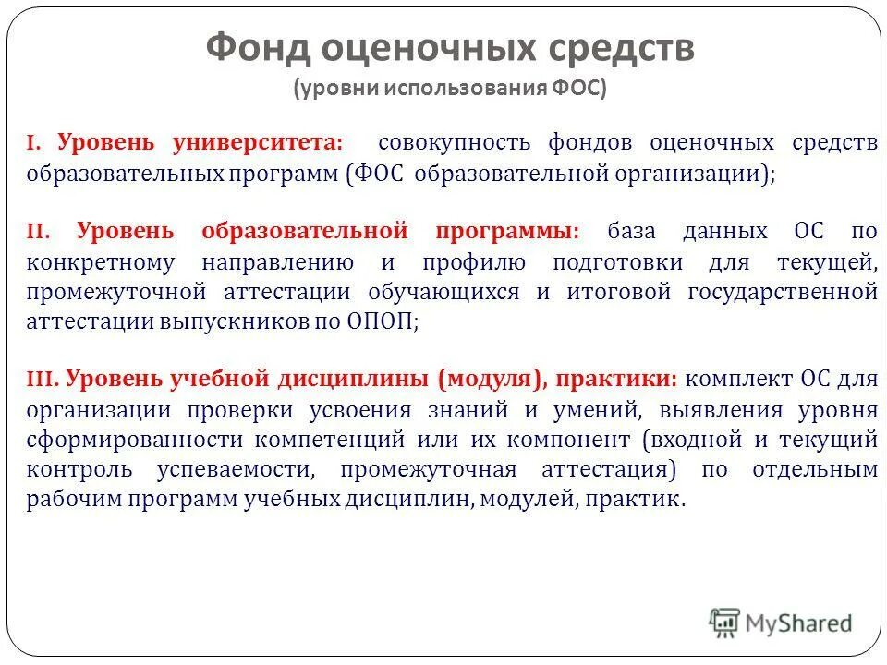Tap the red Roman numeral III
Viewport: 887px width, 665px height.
(x=43, y=379)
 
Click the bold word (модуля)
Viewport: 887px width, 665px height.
(x=489, y=379)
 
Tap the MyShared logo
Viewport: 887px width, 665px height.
(x=781, y=623)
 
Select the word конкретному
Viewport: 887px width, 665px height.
(x=101, y=261)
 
